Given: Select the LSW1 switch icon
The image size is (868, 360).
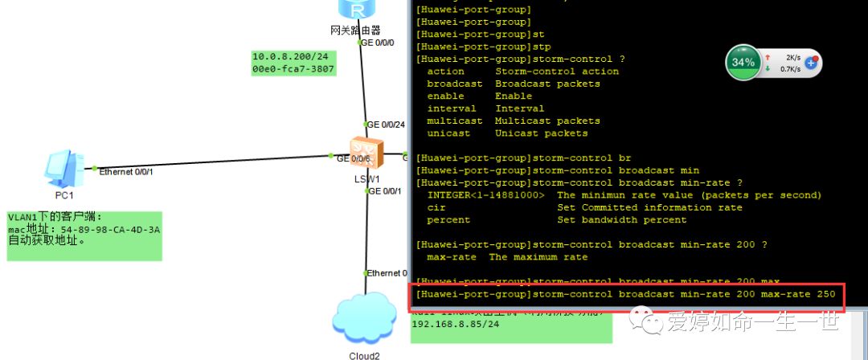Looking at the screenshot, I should (x=366, y=153).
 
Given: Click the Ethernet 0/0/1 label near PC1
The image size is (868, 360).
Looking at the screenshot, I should (x=126, y=171).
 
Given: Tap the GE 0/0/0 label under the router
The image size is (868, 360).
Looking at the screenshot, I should (x=378, y=43).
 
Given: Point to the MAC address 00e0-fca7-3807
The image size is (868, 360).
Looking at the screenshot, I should (x=293, y=69).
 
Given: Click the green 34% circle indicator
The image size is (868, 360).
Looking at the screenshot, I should (x=743, y=63).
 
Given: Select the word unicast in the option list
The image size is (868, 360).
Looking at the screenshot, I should (x=451, y=133).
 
